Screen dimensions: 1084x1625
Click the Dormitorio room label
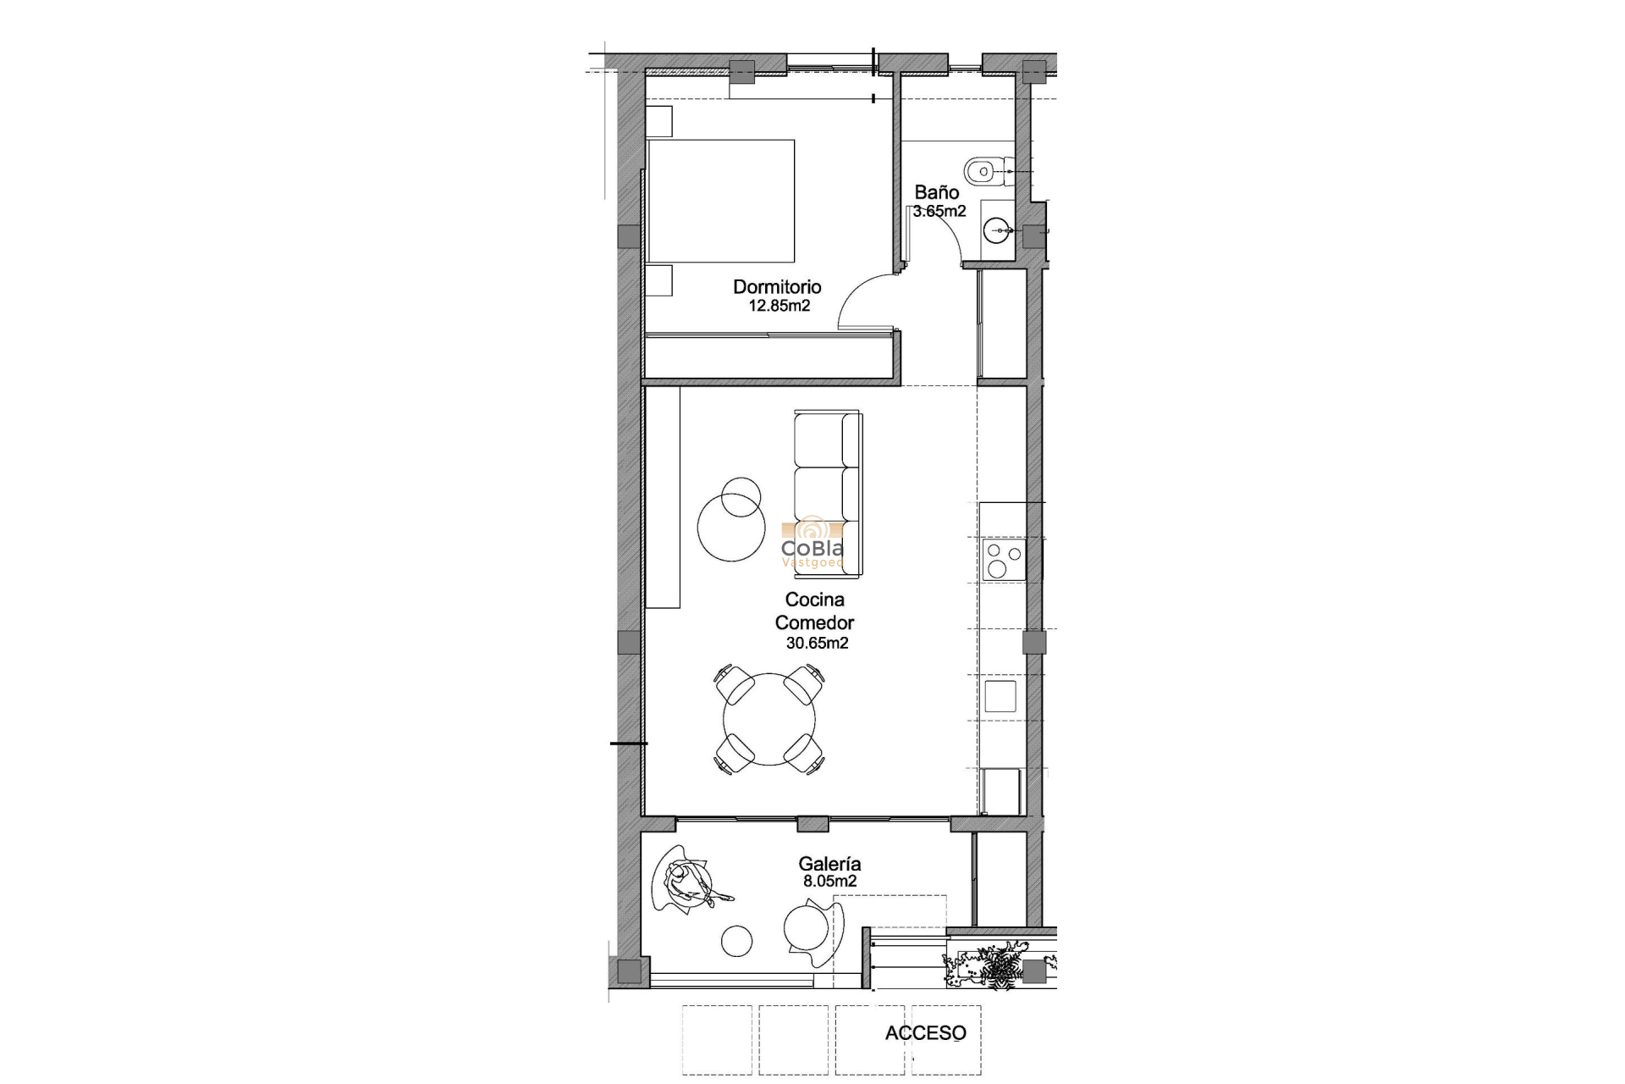pos(777,287)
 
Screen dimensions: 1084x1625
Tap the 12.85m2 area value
pos(779,306)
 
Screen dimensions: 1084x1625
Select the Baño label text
pos(936,193)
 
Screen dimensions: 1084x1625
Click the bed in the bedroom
pos(721,201)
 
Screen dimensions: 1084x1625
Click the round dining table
pos(769,719)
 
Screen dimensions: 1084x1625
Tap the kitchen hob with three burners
pos(1004,560)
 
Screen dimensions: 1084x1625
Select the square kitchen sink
pos(1000,695)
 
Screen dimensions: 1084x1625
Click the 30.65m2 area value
pos(817,644)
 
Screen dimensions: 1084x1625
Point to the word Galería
pos(829,864)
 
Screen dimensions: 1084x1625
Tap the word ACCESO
pos(925,1033)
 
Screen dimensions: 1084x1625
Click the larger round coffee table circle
pos(725,527)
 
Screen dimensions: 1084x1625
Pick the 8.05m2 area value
pos(829,882)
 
